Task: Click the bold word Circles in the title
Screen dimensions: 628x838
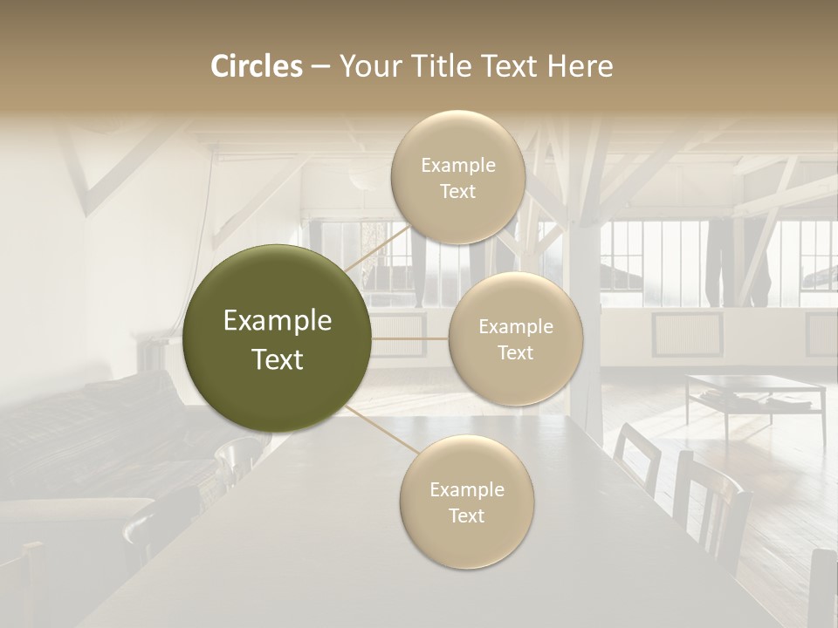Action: pos(257,66)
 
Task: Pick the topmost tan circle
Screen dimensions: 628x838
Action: pos(457,177)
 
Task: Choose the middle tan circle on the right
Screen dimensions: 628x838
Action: pos(515,338)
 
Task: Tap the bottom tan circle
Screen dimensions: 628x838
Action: pos(466,502)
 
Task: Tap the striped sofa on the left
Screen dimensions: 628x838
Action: pos(87,427)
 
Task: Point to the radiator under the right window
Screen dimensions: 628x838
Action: pos(687,333)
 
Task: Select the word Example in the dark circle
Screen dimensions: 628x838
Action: pos(278,321)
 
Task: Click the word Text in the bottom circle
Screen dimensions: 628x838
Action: pos(466,515)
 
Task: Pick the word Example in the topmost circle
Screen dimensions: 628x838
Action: pos(457,165)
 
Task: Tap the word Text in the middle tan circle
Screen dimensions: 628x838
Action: pos(515,352)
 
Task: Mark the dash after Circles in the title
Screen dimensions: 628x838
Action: pos(319,66)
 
